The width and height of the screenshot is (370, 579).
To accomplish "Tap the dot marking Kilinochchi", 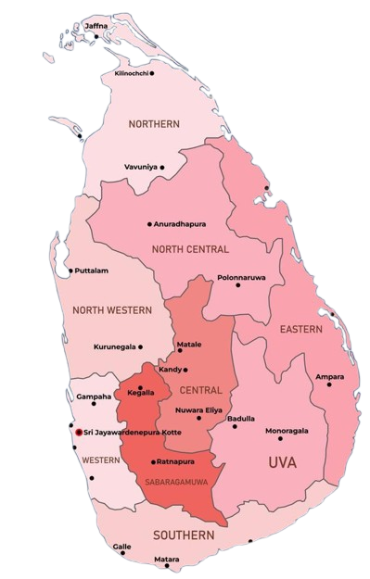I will click(x=152, y=72).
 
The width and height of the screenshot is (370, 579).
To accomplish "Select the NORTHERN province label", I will click(x=154, y=124).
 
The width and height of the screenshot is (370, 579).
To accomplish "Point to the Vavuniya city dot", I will click(x=162, y=167).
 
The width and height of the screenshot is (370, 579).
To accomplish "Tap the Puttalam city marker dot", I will click(x=70, y=271).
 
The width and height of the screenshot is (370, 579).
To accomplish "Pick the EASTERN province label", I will click(x=301, y=330).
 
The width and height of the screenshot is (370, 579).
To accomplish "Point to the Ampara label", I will click(x=329, y=377).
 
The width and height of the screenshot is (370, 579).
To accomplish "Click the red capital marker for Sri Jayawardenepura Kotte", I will click(x=78, y=433).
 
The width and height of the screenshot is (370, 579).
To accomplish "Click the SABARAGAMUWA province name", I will click(x=174, y=482).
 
